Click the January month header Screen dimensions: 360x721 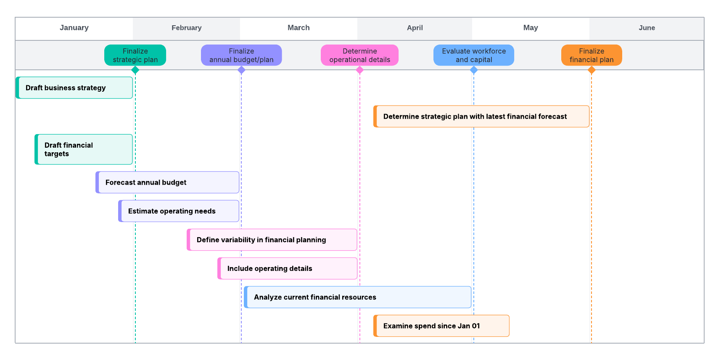click(74, 28)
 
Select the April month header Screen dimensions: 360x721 click(415, 28)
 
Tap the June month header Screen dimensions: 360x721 click(647, 28)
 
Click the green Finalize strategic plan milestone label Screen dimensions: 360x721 click(135, 55)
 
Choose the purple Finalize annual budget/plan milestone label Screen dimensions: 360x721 click(241, 55)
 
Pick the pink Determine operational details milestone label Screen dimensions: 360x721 click(359, 55)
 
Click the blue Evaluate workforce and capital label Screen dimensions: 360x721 click(474, 55)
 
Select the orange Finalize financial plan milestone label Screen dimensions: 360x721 click(592, 55)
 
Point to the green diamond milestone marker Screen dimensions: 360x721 click(135, 70)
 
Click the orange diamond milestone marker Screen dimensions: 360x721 click(592, 70)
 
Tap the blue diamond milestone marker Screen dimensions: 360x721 click(474, 70)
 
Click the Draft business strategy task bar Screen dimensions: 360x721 click(74, 87)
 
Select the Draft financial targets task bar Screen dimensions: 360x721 click(84, 149)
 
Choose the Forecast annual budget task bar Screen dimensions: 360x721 click(167, 182)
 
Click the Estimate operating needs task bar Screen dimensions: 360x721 click(179, 211)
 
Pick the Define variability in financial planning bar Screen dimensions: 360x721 click(272, 240)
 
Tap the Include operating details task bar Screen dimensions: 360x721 click(288, 268)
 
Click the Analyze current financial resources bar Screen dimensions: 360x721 click(357, 297)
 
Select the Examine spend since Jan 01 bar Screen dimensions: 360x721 click(441, 326)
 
